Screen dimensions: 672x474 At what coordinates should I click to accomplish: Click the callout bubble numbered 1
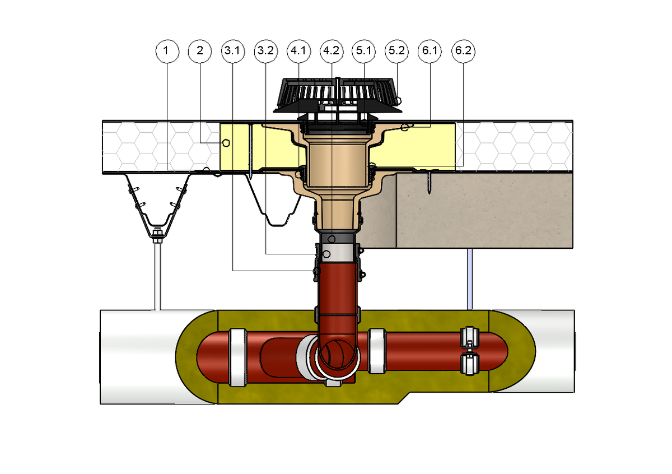point(167,51)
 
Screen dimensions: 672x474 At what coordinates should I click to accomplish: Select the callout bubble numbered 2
point(200,51)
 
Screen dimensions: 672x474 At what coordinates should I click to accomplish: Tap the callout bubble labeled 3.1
point(233,51)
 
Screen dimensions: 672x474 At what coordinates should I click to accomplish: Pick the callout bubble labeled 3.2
point(266,51)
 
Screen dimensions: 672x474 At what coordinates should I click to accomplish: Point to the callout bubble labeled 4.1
point(299,51)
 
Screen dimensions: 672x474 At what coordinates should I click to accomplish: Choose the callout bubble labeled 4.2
point(332,51)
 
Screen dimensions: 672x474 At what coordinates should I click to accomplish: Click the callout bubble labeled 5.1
point(363,51)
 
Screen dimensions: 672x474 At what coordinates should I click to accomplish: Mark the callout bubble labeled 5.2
point(397,51)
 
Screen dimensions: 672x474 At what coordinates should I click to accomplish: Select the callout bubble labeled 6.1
point(430,51)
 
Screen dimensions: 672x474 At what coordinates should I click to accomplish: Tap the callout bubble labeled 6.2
point(463,51)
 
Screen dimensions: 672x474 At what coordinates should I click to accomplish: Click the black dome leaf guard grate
point(338,95)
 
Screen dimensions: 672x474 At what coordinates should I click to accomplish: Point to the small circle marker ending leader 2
point(226,143)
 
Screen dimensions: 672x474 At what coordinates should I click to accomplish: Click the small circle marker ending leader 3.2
point(326,254)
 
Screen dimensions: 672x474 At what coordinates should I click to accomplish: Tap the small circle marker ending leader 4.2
point(332,239)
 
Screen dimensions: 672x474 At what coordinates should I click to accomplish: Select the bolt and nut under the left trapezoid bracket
point(157,236)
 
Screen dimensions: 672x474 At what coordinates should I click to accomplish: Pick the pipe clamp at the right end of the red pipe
point(469,351)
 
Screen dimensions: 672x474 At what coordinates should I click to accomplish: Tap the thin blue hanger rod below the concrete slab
point(470,279)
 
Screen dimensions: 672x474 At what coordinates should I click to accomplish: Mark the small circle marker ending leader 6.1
point(405,127)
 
